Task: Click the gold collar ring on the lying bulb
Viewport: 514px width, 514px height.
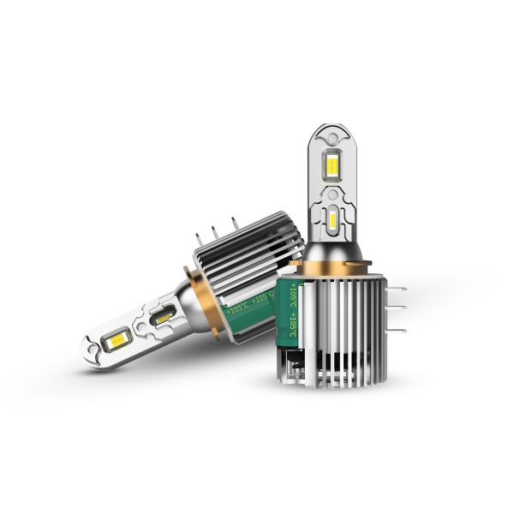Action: (x=211, y=290)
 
